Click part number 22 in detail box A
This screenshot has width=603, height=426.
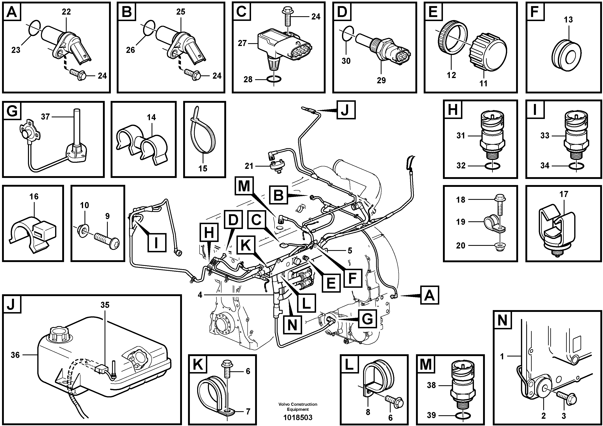click(x=66, y=12)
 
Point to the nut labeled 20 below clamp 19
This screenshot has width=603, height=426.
click(x=499, y=246)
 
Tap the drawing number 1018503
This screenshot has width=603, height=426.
click(x=298, y=417)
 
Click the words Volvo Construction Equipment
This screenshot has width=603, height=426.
click(x=298, y=407)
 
